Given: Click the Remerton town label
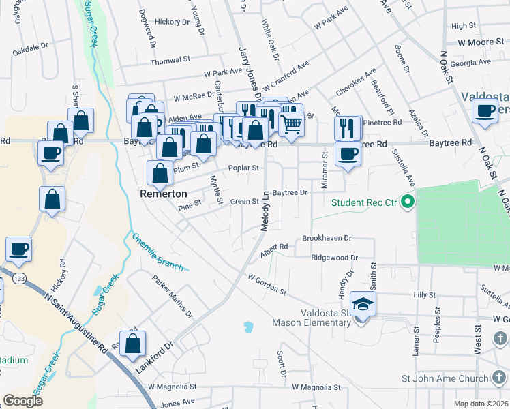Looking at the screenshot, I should [164, 194].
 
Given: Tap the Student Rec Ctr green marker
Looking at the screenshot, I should [408, 202].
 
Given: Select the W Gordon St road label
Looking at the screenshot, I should [267, 285].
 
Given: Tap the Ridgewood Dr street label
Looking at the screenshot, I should [334, 258].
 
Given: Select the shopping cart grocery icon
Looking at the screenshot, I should [292, 123].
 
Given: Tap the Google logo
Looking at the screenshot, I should [22, 401].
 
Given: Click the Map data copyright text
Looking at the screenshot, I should [481, 404].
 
